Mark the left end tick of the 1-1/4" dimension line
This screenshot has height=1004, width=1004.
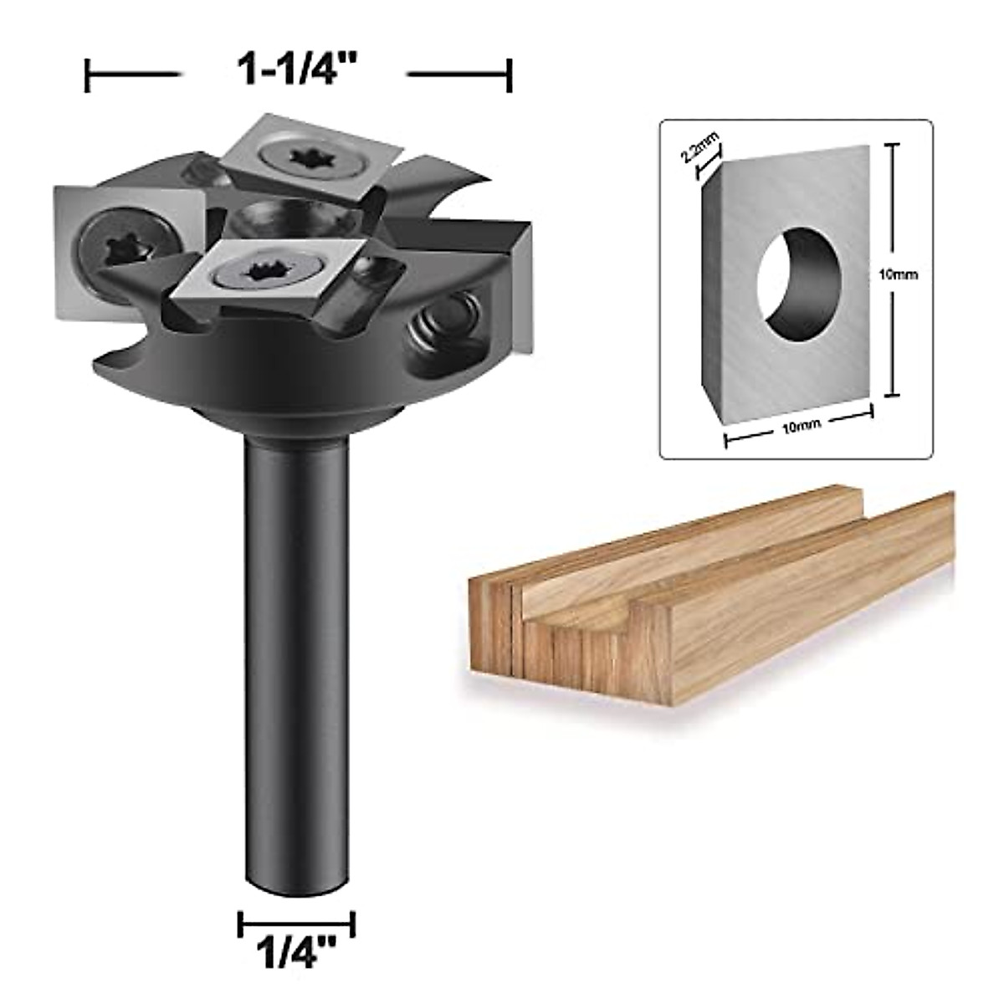(88, 75)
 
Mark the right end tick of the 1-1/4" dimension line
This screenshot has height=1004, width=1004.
(510, 75)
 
